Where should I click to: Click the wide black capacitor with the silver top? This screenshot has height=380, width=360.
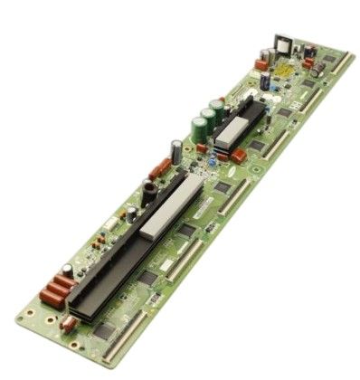click(x=147, y=191)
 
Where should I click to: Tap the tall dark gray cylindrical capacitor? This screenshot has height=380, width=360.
click(x=175, y=150)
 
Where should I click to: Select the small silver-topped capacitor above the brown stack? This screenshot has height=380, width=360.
click(x=68, y=271)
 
